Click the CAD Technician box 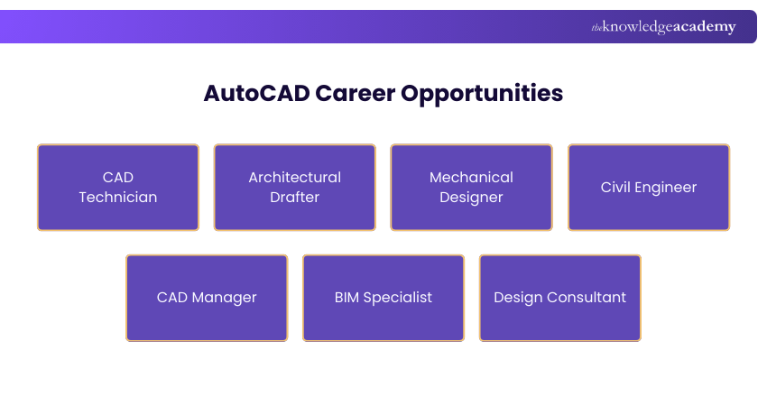(118, 187)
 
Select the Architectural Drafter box (295, 187)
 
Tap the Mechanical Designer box (471, 187)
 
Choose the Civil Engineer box (649, 187)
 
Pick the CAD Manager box (207, 298)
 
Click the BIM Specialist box (383, 298)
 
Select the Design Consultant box (560, 298)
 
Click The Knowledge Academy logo (663, 27)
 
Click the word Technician (118, 197)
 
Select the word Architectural (295, 177)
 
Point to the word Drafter (295, 197)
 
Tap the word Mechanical (471, 177)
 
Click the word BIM (347, 297)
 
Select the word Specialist (398, 298)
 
